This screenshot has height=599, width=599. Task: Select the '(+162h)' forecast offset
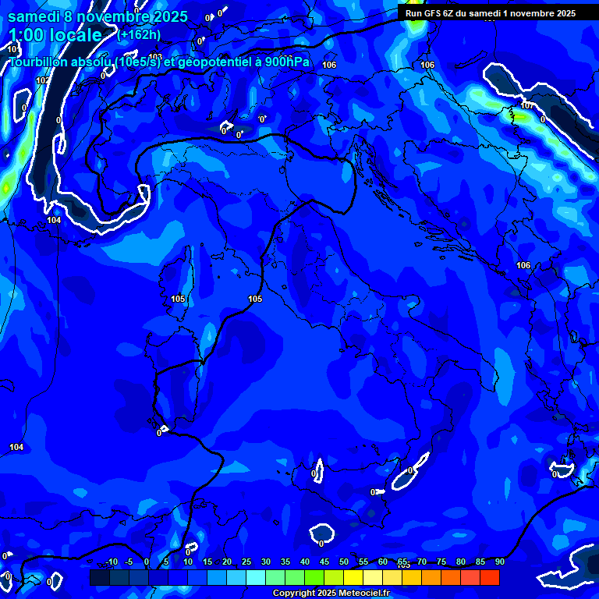point(140,34)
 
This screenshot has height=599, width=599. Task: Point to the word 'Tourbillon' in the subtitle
point(37,62)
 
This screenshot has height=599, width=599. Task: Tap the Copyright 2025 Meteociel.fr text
point(330,594)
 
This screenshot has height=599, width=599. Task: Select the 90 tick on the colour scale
point(499,562)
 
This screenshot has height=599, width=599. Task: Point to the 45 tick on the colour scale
point(324,562)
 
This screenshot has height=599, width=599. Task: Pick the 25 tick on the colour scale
point(246,562)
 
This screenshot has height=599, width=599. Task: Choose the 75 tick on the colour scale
point(441,562)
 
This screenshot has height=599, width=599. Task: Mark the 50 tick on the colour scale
point(344,562)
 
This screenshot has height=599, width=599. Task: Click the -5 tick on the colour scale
point(129,562)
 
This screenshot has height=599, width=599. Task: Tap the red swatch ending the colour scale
point(490,577)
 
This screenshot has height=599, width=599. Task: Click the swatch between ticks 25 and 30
point(256,577)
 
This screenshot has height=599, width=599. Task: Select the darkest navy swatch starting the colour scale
point(100,577)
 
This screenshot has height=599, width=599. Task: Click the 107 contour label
point(527,106)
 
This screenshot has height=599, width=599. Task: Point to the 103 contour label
point(156,57)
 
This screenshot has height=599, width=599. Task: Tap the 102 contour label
point(42,80)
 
